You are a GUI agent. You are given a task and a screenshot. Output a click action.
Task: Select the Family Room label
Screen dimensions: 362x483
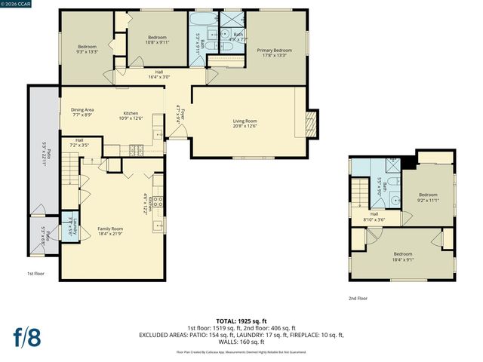click(111, 231)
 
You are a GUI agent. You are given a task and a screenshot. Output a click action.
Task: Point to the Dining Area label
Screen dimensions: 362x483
click(82, 112)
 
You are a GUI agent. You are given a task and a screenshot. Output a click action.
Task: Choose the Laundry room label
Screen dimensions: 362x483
click(69, 222)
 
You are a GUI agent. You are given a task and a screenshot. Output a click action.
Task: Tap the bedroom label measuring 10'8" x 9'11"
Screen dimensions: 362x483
click(157, 40)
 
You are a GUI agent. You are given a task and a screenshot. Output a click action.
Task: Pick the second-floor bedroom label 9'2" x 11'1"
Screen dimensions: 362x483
click(428, 198)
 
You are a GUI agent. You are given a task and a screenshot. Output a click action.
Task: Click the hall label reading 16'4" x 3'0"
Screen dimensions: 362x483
click(159, 74)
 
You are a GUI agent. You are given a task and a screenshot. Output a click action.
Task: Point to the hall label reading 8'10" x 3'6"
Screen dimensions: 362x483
click(374, 216)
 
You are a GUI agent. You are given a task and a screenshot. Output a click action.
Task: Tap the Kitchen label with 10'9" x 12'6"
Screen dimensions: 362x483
click(131, 115)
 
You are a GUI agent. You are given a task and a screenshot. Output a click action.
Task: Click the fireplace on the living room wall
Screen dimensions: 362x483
click(312, 123)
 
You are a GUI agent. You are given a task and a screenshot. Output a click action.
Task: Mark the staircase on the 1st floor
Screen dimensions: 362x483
click(69, 170)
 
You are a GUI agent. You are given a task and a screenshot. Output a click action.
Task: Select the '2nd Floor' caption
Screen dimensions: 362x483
click(358, 299)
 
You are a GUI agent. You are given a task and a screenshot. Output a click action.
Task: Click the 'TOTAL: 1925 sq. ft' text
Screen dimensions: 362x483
click(241, 321)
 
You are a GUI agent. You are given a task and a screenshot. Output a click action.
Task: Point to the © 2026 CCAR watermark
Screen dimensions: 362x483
click(17, 5)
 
